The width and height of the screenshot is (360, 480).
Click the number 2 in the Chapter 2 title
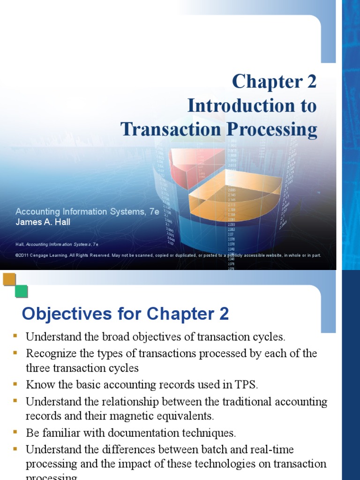point(312,82)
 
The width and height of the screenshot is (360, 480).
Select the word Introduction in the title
point(233,106)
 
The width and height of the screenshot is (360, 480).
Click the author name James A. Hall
point(43,222)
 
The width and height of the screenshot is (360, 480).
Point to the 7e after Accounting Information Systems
point(154,212)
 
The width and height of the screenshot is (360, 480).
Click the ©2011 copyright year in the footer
point(23,255)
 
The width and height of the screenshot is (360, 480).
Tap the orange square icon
point(9,279)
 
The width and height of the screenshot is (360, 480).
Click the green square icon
point(21,291)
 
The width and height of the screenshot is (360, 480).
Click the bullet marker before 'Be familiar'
point(15,432)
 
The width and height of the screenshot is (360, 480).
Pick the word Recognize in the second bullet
point(48,353)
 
